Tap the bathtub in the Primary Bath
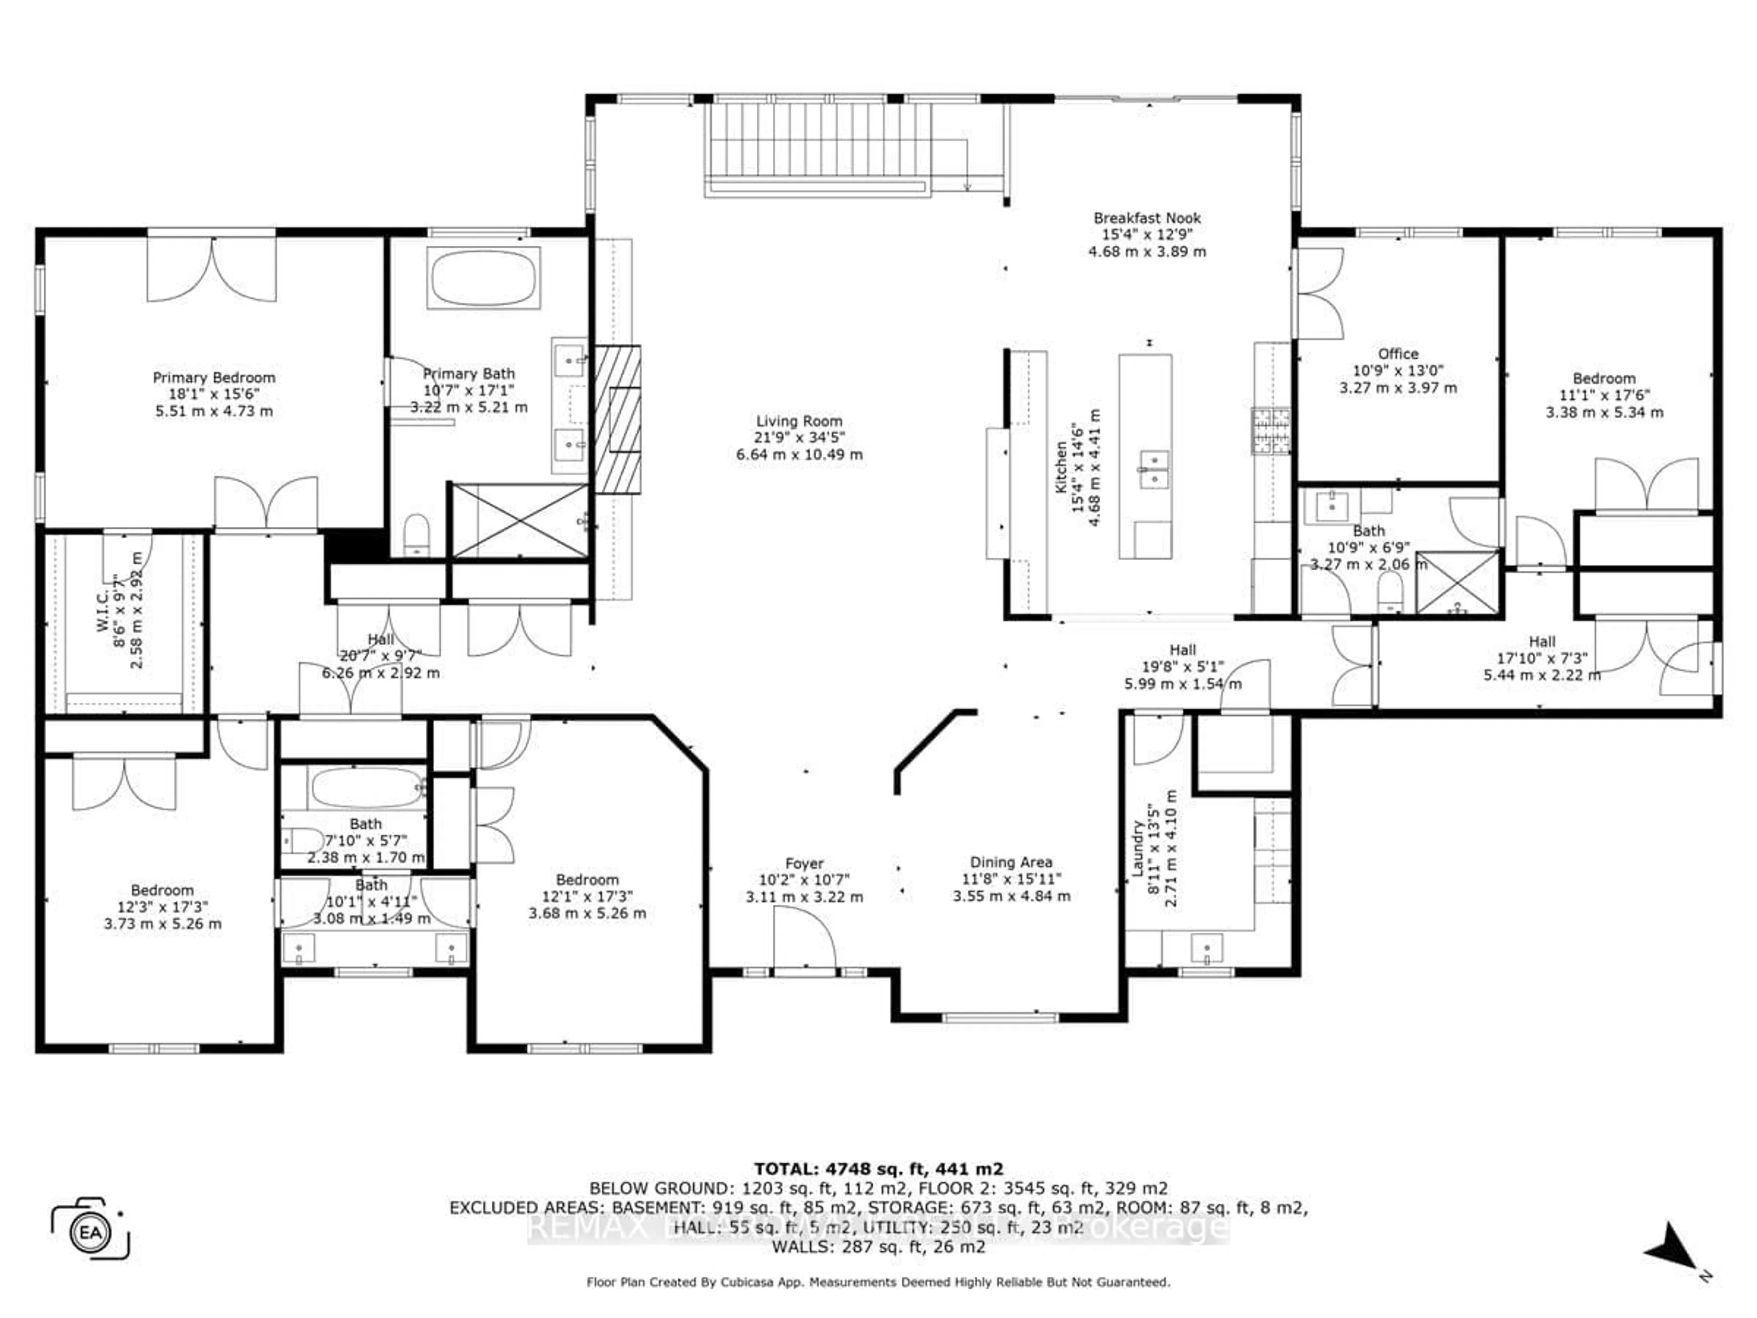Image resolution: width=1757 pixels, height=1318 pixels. tap(484, 277)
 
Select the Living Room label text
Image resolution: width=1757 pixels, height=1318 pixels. tap(798, 422)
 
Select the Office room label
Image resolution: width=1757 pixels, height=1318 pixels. tap(1398, 354)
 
